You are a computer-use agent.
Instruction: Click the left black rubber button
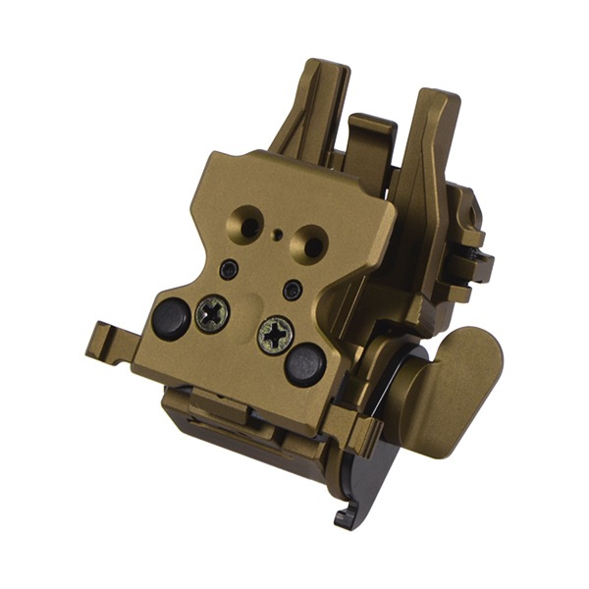coord(171,318)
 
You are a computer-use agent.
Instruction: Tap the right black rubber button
coord(304,364)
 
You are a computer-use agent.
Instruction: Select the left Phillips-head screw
coord(213,314)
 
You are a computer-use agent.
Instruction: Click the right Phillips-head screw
coord(276,336)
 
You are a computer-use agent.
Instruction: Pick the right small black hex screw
coord(292,290)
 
